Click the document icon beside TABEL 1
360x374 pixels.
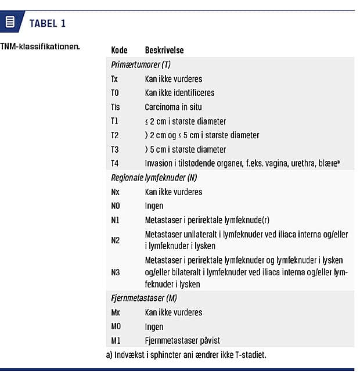click(10, 23)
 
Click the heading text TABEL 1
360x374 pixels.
click(47, 23)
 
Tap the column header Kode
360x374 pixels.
click(119, 51)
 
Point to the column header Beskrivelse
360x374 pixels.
click(164, 51)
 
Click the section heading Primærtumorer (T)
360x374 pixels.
click(141, 64)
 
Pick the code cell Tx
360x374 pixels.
click(114, 78)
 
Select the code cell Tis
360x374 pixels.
click(116, 107)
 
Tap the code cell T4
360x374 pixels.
click(115, 163)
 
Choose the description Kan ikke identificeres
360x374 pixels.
click(179, 93)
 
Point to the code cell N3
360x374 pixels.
click(116, 271)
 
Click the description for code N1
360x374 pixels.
click(207, 220)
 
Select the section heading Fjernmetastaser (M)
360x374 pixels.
click(143, 299)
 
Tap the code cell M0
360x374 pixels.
click(116, 326)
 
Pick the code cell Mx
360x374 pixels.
click(116, 312)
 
